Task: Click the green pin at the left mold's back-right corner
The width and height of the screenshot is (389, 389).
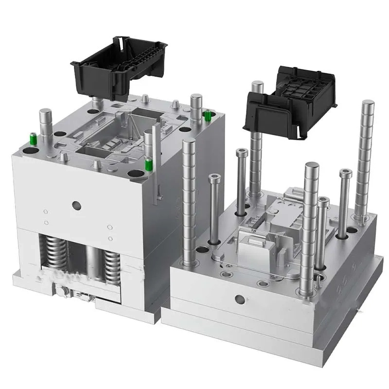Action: click(x=208, y=116)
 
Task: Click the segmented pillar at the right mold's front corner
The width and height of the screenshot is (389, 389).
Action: click(x=309, y=229)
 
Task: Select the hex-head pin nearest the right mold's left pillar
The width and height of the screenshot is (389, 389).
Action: click(x=214, y=209)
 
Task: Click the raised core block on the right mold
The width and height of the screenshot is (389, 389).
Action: click(x=253, y=243)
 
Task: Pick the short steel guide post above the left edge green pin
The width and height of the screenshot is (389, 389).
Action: click(x=46, y=124)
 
